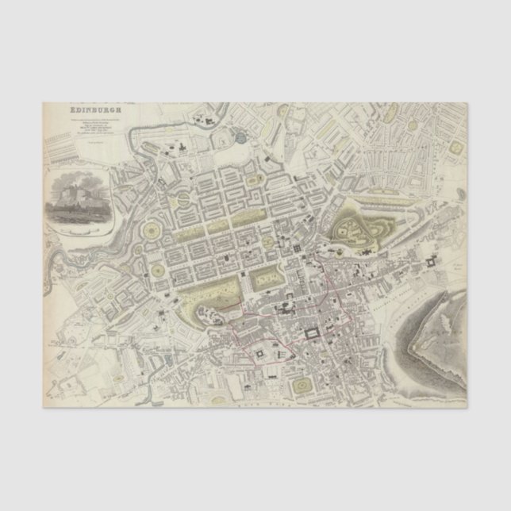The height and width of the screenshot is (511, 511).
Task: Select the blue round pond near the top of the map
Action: coord(240,139)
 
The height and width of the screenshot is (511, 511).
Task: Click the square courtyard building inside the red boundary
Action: coord(260,351)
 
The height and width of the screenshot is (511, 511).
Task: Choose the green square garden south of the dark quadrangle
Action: coord(302,385)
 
